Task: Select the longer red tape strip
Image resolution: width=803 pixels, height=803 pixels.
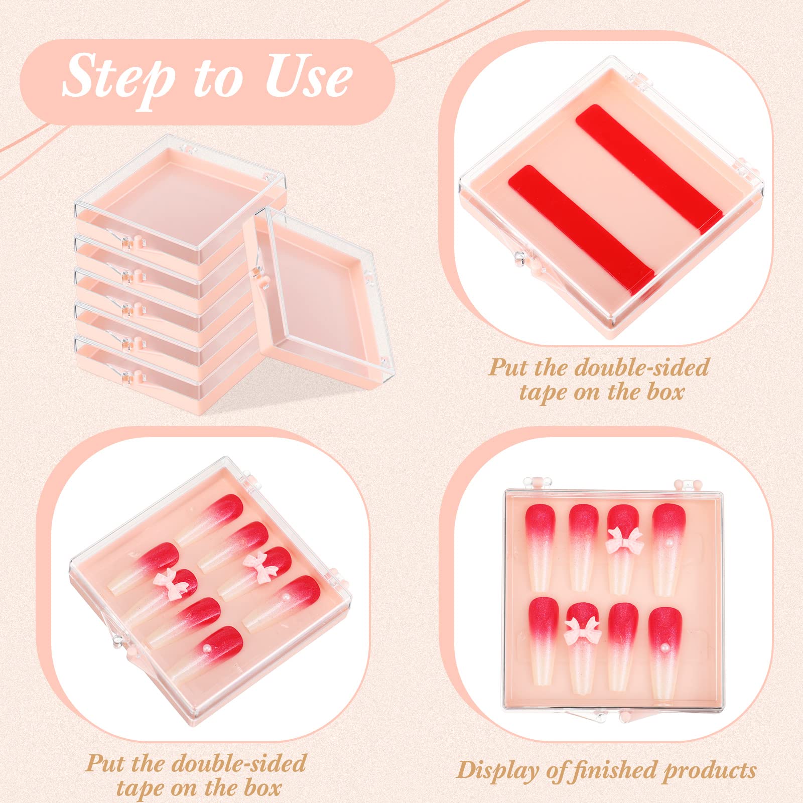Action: point(648,169)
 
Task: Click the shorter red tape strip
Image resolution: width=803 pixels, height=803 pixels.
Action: point(581,227)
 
